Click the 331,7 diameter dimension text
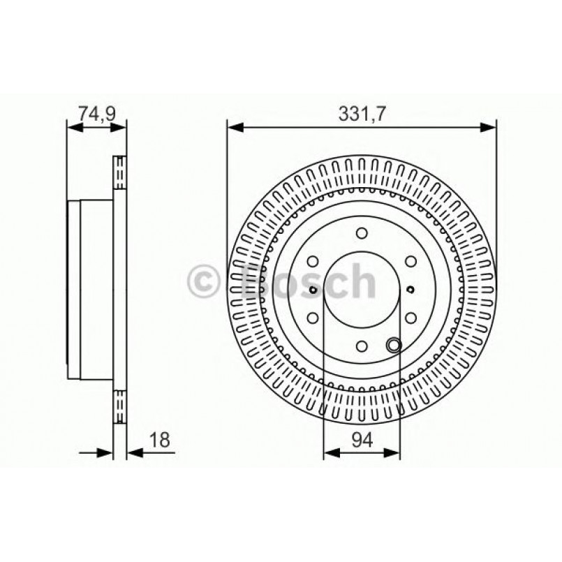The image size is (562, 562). coord(361,112)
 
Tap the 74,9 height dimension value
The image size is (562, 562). coord(96,112)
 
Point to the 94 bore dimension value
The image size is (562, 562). coord(362,440)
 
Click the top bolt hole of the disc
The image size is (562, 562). coord(361,234)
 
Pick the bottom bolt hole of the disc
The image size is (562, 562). coord(361,345)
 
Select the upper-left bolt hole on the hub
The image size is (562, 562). coord(313,262)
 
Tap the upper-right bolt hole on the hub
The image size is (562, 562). coord(409,262)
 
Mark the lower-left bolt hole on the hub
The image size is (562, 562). coord(313,318)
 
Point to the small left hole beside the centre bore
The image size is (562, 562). coord(313,290)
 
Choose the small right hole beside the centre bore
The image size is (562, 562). coord(410,290)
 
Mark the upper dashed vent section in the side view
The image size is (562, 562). coord(119,173)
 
